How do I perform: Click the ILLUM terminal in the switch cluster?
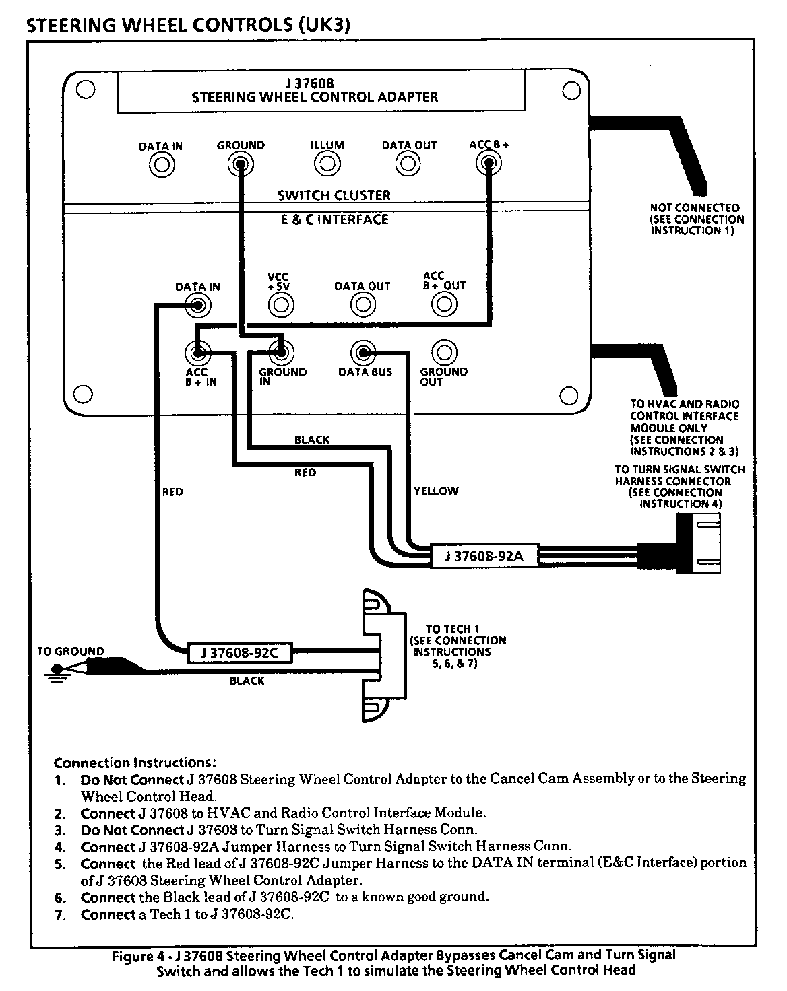(x=327, y=164)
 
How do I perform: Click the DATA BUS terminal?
(x=363, y=352)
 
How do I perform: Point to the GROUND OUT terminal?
(x=443, y=352)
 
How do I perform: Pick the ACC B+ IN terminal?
(x=198, y=352)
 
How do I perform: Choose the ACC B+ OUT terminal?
(x=443, y=305)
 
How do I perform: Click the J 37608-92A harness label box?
(x=484, y=557)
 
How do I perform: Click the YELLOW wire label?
(x=436, y=491)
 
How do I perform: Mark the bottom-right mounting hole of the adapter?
(x=570, y=395)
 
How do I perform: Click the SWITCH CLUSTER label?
(x=334, y=195)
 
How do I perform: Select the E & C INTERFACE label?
(x=335, y=219)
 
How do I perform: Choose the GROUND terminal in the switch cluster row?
(x=241, y=164)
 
